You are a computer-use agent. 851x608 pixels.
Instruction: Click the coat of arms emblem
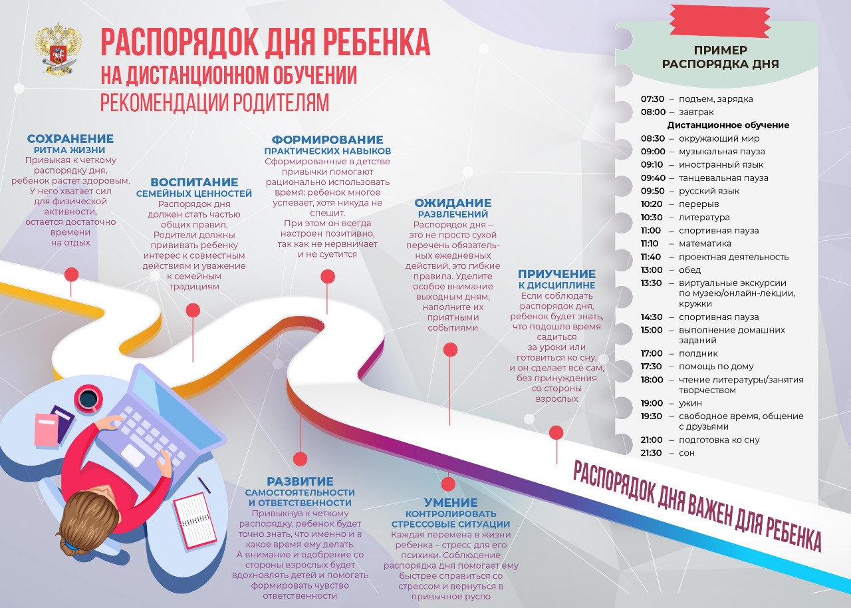tap(59, 50)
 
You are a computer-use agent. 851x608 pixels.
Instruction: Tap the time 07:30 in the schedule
tap(652, 99)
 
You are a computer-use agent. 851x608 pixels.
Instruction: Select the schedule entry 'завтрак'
tap(696, 112)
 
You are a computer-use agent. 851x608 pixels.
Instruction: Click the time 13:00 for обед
tap(652, 270)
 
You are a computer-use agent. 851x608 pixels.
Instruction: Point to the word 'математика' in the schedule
tap(705, 243)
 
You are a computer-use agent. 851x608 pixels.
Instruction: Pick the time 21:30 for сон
tap(652, 453)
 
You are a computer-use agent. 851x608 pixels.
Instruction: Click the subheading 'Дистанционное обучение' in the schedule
tap(728, 125)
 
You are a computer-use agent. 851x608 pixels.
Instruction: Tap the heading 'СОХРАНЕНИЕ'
tap(70, 139)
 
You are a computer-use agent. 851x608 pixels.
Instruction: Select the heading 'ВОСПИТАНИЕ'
tap(194, 182)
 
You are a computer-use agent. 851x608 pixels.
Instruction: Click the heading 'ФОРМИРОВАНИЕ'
tap(328, 140)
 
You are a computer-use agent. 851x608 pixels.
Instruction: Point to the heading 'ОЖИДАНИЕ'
tap(453, 203)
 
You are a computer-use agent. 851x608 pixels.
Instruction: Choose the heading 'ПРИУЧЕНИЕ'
tap(556, 274)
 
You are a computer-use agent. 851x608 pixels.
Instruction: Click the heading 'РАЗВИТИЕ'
tap(300, 481)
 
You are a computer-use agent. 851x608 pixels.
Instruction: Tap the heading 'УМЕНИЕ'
tap(451, 503)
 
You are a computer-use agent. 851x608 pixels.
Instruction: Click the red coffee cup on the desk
tap(88, 398)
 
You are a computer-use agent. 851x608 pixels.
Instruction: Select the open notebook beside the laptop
tap(194, 520)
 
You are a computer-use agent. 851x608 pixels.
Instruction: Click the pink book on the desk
tap(47, 430)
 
